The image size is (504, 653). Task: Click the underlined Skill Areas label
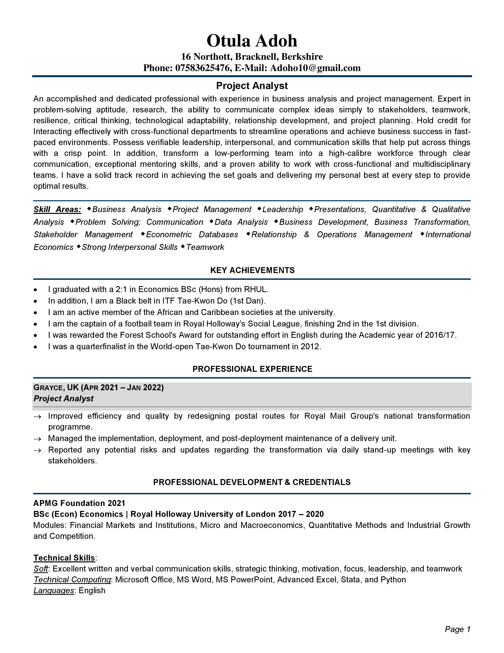(57, 210)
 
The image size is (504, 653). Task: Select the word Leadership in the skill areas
(283, 210)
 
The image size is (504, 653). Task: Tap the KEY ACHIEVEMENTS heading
(252, 270)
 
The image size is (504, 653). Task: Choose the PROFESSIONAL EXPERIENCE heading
(252, 369)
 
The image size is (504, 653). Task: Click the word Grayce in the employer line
(48, 388)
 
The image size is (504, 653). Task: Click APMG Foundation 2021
(79, 503)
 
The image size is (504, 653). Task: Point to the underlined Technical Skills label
(64, 558)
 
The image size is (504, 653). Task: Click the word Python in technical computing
(393, 580)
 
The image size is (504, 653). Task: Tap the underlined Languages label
(54, 590)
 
